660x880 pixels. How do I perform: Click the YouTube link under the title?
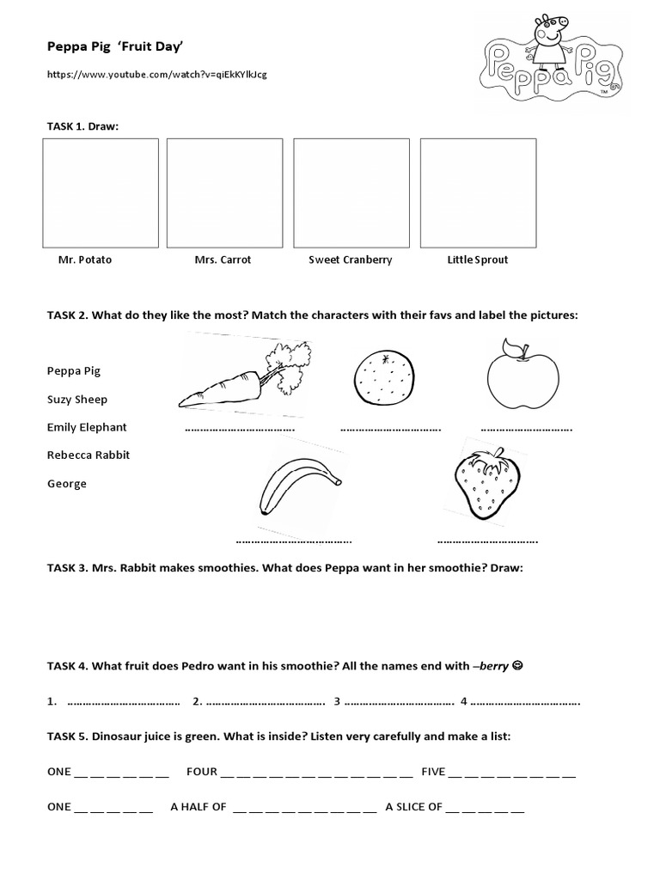click(x=156, y=75)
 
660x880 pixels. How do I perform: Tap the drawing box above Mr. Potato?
click(x=101, y=192)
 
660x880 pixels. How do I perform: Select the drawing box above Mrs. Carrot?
click(x=224, y=192)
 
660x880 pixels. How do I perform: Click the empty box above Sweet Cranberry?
click(x=351, y=192)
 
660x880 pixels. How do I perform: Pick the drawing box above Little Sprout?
click(x=478, y=192)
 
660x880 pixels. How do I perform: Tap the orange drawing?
click(x=384, y=379)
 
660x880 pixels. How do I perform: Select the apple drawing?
click(x=522, y=376)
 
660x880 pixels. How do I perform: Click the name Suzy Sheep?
click(x=77, y=400)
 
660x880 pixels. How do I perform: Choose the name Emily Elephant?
click(x=87, y=427)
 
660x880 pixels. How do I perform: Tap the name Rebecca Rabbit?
click(x=89, y=455)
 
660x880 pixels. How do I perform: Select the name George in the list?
click(x=67, y=484)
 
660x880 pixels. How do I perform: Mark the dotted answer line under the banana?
click(x=293, y=541)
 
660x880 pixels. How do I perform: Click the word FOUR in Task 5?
click(x=201, y=772)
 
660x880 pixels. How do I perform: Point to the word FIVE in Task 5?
click(x=433, y=772)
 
